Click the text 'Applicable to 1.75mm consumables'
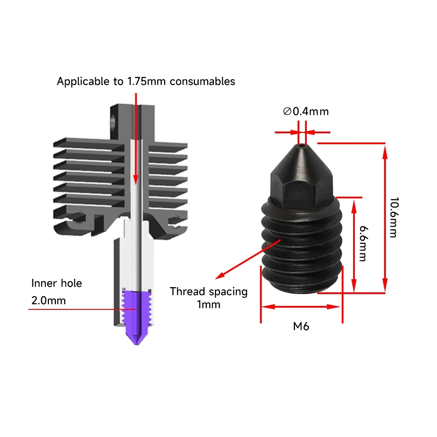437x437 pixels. pyautogui.click(x=146, y=81)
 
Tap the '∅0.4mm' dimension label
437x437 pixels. pyautogui.click(x=305, y=111)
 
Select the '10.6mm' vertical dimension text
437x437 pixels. pyautogui.click(x=393, y=217)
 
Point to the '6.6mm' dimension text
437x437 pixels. pyautogui.click(x=362, y=243)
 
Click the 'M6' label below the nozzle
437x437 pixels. pyautogui.click(x=301, y=326)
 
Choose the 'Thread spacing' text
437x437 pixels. pyautogui.click(x=208, y=291)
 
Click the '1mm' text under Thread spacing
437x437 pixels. pyautogui.click(x=209, y=305)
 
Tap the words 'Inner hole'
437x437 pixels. pyautogui.click(x=56, y=283)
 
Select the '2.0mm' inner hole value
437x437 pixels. pyautogui.click(x=49, y=301)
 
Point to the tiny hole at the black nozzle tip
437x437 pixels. pyautogui.click(x=302, y=143)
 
